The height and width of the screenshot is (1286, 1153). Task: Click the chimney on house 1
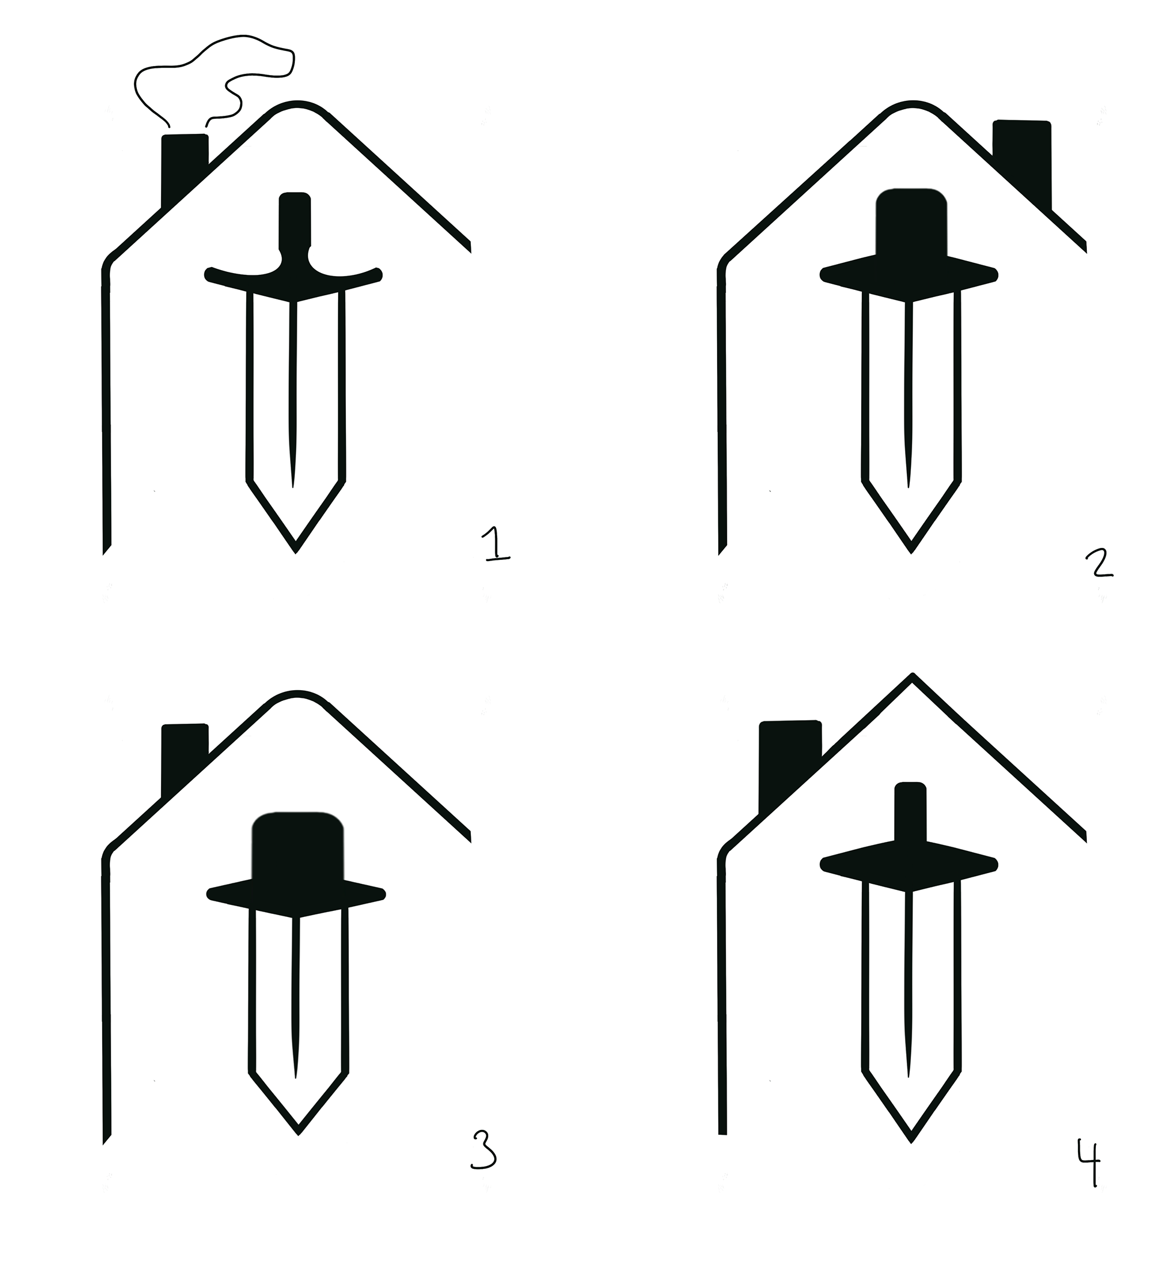point(185,168)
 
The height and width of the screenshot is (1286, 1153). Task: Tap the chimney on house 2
point(1022,161)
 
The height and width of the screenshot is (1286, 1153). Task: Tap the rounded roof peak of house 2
point(912,104)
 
